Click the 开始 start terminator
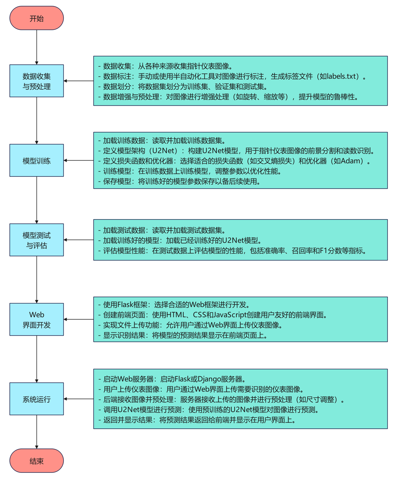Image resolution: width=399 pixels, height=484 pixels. pos(36,18)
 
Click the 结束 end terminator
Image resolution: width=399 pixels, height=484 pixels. pos(36,461)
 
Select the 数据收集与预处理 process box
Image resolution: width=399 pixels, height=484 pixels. pos(36,81)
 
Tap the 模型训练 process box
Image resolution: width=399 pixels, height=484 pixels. pos(36,160)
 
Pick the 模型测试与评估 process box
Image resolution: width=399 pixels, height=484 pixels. pos(36,240)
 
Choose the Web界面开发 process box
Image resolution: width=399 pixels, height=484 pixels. pos(36,319)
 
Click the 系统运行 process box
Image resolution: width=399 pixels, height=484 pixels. pos(36,399)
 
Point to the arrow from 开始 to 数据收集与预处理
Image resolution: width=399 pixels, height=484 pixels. pos(36,47)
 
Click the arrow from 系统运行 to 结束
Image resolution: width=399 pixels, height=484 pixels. pos(36,432)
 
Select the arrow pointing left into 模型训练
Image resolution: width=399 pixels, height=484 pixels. pos(78,160)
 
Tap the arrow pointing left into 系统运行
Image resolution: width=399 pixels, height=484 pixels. pos(78,399)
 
